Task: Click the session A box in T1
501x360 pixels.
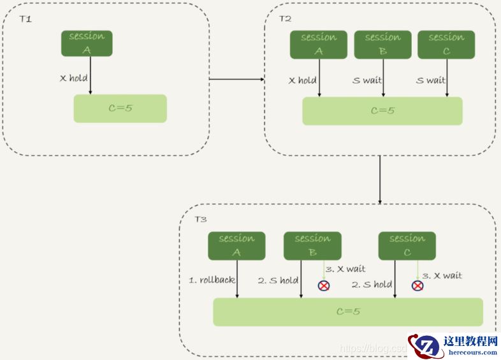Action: coord(87,43)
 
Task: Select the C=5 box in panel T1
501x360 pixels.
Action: coord(120,108)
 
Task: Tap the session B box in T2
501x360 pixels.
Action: coord(382,45)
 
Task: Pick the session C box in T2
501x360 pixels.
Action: coord(446,45)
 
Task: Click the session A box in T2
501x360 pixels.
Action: coord(319,45)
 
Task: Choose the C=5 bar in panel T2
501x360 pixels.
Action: coord(382,111)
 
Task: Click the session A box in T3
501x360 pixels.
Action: coord(236,246)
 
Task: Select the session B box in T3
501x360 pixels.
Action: coord(312,246)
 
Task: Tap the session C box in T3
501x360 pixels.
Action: coord(407,246)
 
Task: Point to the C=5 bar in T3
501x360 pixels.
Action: coord(347,312)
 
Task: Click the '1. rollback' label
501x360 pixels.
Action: coord(211,280)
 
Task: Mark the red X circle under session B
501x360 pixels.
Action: coord(324,285)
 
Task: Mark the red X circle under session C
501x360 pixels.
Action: coord(417,285)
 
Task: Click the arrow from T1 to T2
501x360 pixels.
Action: coord(236,80)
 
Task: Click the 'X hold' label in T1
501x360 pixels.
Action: coord(73,78)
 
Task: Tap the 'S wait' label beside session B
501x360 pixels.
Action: coord(367,81)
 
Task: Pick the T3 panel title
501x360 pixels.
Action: coord(200,219)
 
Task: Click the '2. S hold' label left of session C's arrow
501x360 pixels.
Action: coord(372,285)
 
